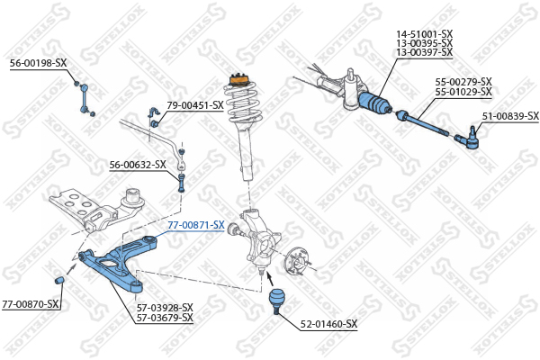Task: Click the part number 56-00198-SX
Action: [x=38, y=63]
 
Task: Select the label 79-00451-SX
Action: [x=194, y=105]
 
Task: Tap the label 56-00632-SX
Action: [x=138, y=165]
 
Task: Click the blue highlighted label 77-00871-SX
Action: [x=196, y=225]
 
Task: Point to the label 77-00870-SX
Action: [x=31, y=304]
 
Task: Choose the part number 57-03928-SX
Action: [x=165, y=307]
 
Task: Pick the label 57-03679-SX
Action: [x=165, y=318]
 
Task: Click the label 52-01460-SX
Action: [x=328, y=324]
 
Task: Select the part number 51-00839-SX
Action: [x=509, y=116]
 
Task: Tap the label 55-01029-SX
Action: [x=463, y=92]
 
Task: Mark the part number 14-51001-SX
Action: [x=425, y=34]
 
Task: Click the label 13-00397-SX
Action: [x=425, y=54]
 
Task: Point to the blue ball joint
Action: [x=278, y=298]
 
